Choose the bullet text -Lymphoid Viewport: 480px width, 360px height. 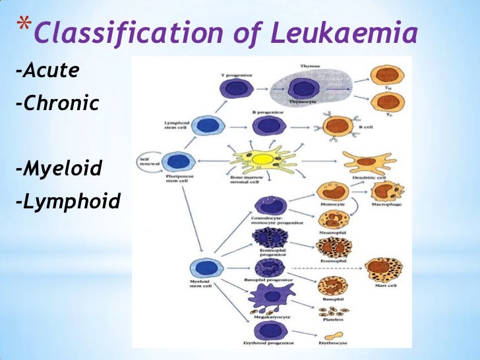pos(68,201)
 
